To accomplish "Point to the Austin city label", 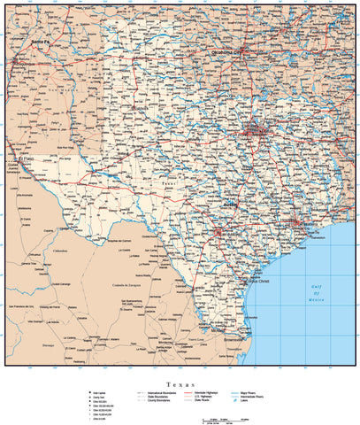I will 231,204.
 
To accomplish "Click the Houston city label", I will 292,223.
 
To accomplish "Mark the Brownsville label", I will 237,338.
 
